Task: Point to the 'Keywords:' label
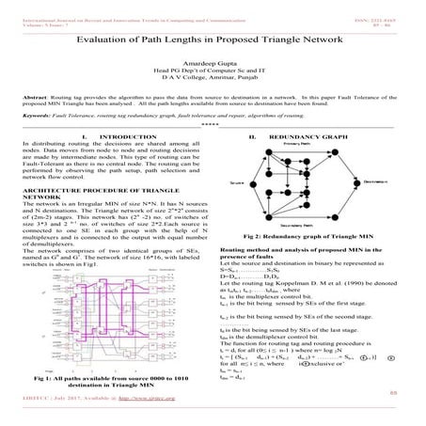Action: point(37,115)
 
